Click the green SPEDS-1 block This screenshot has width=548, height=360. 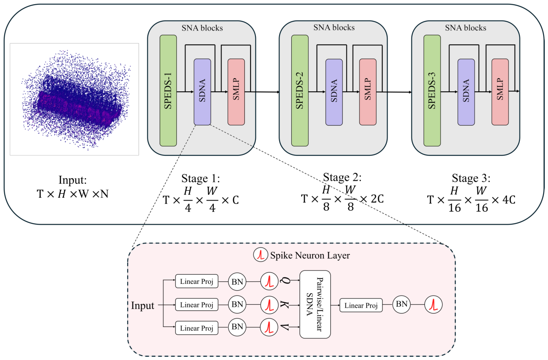pyautogui.click(x=168, y=91)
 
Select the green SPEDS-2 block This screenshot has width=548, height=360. pyautogui.click(x=300, y=91)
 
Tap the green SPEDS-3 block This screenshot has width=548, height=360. pyautogui.click(x=432, y=91)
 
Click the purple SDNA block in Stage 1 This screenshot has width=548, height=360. pyautogui.click(x=202, y=92)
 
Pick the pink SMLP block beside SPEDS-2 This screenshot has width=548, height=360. pyautogui.click(x=368, y=92)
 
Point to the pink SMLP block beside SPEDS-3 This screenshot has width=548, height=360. pyautogui.click(x=500, y=92)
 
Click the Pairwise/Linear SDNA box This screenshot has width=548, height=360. pyautogui.click(x=315, y=304)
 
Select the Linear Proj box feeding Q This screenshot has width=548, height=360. pyautogui.click(x=197, y=281)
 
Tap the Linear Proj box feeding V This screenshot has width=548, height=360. pyautogui.click(x=197, y=328)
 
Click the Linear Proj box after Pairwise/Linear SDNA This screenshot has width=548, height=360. pyautogui.click(x=361, y=305)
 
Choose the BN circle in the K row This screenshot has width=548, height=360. pyautogui.click(x=237, y=305)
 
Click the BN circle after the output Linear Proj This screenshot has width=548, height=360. pyautogui.click(x=401, y=305)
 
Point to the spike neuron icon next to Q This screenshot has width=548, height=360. pyautogui.click(x=269, y=281)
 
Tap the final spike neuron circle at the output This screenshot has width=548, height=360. pyautogui.click(x=433, y=305)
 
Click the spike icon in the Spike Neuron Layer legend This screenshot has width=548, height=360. pyautogui.click(x=260, y=255)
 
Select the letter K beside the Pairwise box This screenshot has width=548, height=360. pyautogui.click(x=284, y=305)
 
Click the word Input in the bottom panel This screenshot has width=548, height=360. pyautogui.click(x=143, y=306)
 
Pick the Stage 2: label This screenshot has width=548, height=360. pyautogui.click(x=342, y=177)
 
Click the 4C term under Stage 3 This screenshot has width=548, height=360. pyautogui.click(x=509, y=200)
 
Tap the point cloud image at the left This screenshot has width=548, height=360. pyautogui.click(x=75, y=99)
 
